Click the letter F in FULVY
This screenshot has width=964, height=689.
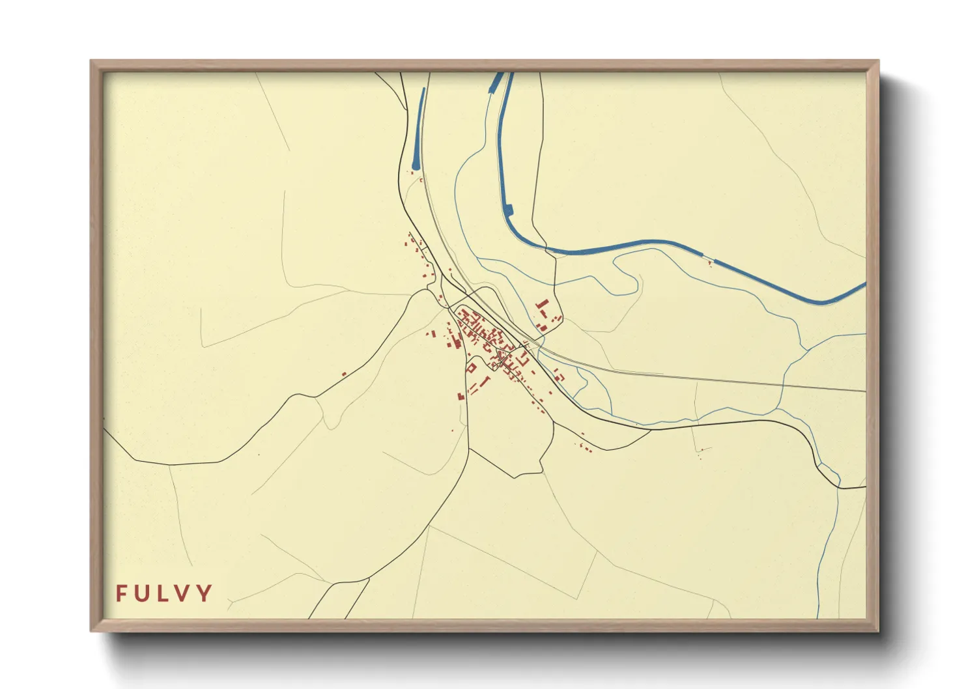click(122, 593)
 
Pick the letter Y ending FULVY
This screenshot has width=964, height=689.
click(205, 593)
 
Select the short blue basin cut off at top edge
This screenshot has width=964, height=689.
click(496, 81)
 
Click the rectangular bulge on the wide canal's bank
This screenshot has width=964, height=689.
click(509, 210)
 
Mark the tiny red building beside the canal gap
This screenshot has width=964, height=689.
click(709, 263)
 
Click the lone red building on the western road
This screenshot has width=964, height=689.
click(344, 374)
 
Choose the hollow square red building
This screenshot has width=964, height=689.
click(471, 369)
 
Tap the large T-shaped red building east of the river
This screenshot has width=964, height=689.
click(541, 305)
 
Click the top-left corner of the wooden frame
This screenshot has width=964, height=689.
click(91, 61)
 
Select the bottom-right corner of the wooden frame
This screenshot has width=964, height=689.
click(878, 630)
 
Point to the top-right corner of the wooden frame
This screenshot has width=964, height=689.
click(878, 61)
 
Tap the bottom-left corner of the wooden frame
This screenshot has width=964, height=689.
click(91, 630)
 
